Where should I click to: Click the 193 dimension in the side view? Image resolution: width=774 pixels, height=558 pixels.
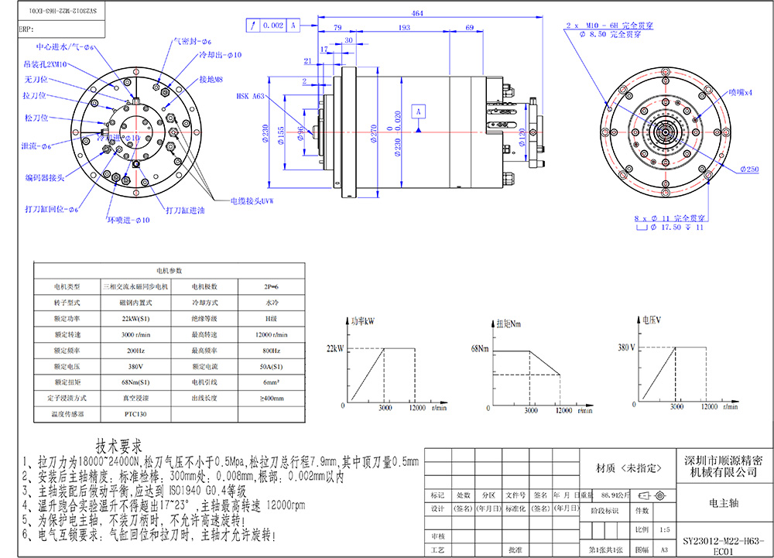coord(404,28)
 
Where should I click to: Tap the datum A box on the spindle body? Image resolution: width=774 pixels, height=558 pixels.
coord(419,112)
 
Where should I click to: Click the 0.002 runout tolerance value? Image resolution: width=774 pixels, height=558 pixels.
coord(273,26)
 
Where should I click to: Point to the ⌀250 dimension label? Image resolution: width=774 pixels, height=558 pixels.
coord(749,168)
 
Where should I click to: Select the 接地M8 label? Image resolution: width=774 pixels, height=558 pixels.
coord(211,79)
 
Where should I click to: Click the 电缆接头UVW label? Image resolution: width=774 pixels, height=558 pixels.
coord(252,200)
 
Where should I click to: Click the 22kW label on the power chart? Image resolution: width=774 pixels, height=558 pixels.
coord(334,349)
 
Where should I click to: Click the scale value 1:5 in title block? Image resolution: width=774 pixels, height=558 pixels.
coord(663,530)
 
